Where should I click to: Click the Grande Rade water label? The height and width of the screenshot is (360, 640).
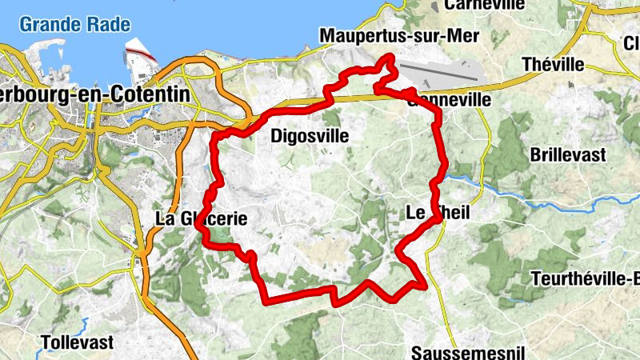74,24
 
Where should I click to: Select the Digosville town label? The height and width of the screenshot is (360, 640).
310,136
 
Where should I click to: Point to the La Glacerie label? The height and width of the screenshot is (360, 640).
196,218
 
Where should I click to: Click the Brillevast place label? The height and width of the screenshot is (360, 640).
568,155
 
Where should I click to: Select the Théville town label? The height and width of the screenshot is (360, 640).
553,64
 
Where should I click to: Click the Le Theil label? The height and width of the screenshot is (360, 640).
438,213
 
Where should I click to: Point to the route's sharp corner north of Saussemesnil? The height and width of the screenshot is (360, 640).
423,284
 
